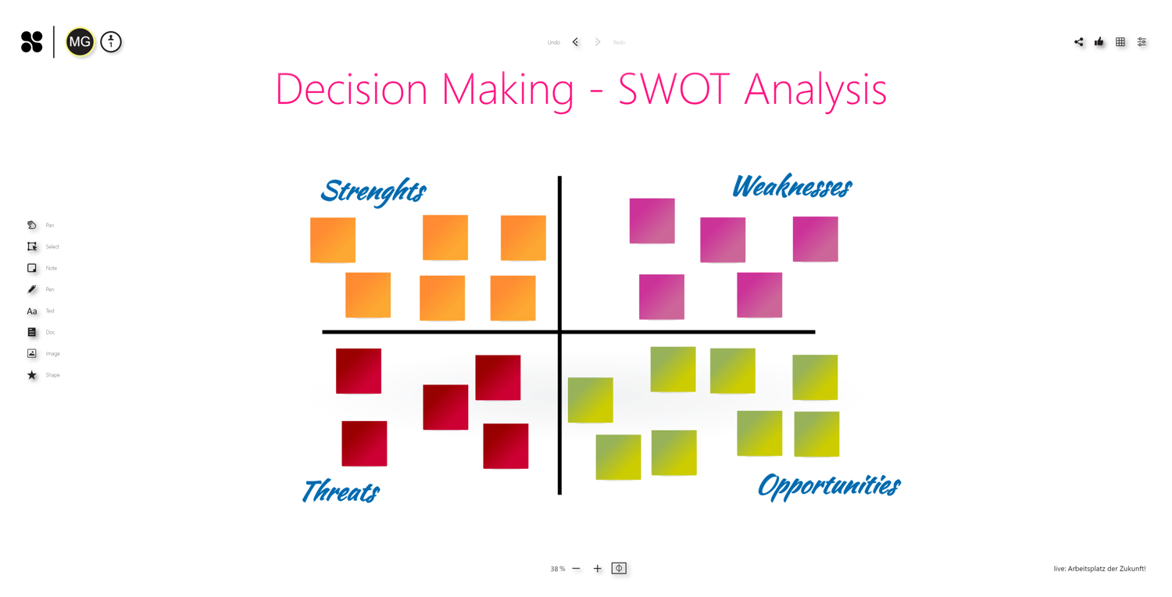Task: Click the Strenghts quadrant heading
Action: click(373, 191)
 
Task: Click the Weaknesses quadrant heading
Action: click(791, 187)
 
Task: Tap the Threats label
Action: click(341, 492)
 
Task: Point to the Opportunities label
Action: click(828, 485)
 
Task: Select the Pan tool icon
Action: click(32, 225)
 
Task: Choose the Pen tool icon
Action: click(32, 289)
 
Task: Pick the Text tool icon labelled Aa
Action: click(32, 311)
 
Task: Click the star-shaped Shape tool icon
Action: click(32, 375)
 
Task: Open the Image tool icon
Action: click(32, 353)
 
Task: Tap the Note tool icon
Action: click(32, 268)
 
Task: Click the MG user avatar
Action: click(80, 42)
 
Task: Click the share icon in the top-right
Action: click(1078, 42)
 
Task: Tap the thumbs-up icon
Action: click(1099, 42)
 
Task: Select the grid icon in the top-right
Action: click(1120, 42)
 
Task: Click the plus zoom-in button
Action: click(598, 569)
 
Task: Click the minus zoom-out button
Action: click(577, 569)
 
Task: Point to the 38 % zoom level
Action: click(557, 569)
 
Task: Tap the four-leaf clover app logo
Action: click(32, 42)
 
